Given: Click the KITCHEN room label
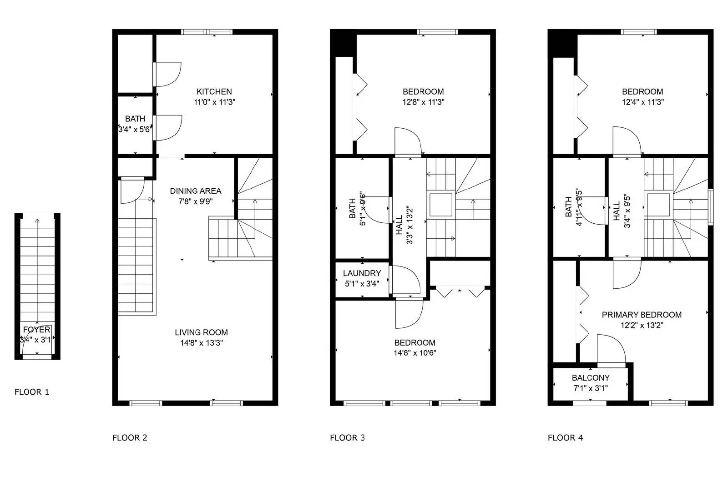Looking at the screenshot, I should pyautogui.click(x=214, y=91).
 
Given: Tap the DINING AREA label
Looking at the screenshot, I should pyautogui.click(x=196, y=191).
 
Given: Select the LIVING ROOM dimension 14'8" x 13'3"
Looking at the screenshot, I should pyautogui.click(x=201, y=343).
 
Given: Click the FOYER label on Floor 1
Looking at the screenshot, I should pyautogui.click(x=36, y=330).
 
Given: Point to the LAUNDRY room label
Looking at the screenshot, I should pyautogui.click(x=362, y=273).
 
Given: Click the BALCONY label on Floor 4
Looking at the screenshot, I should pyautogui.click(x=591, y=378).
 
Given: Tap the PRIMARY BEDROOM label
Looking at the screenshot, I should pyautogui.click(x=642, y=315).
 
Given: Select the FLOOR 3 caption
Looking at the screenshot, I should pyautogui.click(x=347, y=437).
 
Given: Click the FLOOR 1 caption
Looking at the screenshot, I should pyautogui.click(x=31, y=392).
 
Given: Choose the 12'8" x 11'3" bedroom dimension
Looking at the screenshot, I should pyautogui.click(x=423, y=102).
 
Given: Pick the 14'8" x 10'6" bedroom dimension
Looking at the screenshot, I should pyautogui.click(x=415, y=353).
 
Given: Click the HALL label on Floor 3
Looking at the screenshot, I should pyautogui.click(x=399, y=225).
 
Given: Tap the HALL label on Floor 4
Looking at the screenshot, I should pyautogui.click(x=617, y=211).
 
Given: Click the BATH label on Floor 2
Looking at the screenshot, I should pyautogui.click(x=135, y=119).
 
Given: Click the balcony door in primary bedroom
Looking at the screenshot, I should pyautogui.click(x=611, y=350).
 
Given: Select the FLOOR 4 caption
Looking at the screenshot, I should pyautogui.click(x=565, y=437).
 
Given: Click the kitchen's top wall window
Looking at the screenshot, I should pyautogui.click(x=207, y=32).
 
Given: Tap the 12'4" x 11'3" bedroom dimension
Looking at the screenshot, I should pyautogui.click(x=642, y=102).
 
